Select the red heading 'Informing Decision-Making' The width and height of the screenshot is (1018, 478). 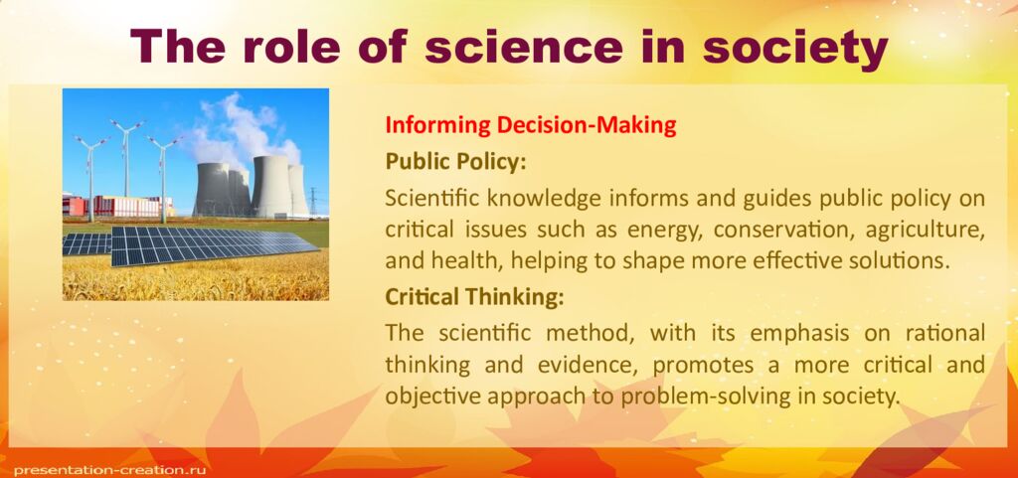tap(530, 126)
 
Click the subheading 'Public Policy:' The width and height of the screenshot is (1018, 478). tap(454, 161)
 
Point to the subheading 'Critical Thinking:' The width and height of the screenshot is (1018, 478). tap(474, 296)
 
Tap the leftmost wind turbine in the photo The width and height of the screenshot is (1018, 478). tap(90, 169)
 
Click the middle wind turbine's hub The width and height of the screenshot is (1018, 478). tap(125, 127)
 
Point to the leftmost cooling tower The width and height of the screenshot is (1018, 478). tap(211, 189)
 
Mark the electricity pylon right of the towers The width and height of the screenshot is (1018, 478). tap(313, 199)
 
